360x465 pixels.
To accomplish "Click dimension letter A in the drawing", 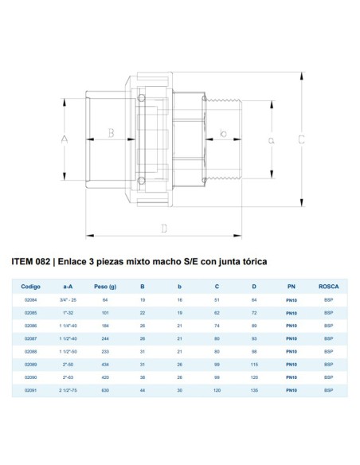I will (x=65, y=139).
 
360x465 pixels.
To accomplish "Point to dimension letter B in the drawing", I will (x=112, y=133).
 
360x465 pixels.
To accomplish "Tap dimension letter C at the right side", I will (x=303, y=139).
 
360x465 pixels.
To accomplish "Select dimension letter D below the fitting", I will (x=163, y=229).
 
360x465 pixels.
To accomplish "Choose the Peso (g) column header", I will (x=105, y=286).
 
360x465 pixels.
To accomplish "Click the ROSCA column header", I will (x=329, y=286).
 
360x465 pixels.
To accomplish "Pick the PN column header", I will (x=292, y=286).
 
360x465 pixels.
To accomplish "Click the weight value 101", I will (x=104, y=313).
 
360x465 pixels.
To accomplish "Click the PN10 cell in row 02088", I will (x=292, y=351).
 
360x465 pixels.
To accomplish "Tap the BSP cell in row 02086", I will (x=329, y=326).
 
